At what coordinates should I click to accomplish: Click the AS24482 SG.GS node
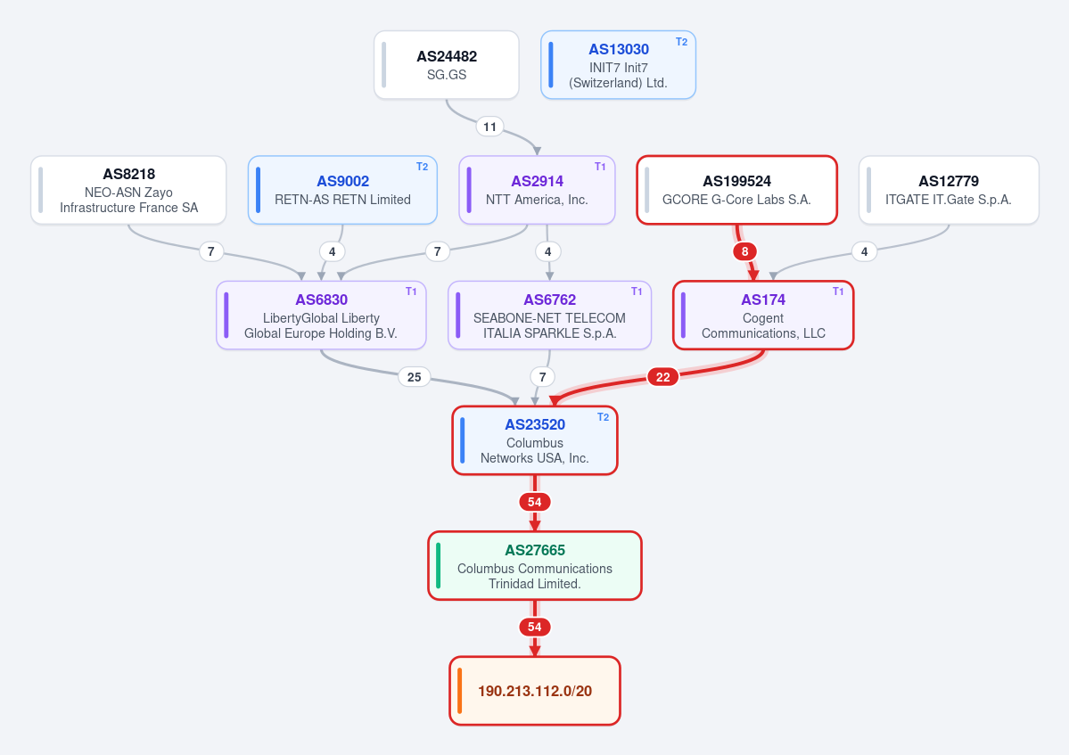[x=447, y=65]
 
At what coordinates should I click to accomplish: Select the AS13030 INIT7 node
[x=619, y=65]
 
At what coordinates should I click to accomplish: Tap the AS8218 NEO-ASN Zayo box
[x=128, y=190]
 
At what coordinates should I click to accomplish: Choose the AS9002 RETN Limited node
[x=342, y=190]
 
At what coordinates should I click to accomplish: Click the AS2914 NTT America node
[x=538, y=190]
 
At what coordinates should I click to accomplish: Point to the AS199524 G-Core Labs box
[x=737, y=190]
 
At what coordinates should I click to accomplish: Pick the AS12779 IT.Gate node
[x=949, y=190]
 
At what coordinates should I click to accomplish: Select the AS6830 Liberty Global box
[x=321, y=316]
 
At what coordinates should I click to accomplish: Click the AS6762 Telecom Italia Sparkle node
[x=549, y=316]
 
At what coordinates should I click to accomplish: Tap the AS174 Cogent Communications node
[x=763, y=316]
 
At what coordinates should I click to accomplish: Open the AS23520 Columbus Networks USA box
[x=535, y=441]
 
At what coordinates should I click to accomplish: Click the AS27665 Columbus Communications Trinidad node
[x=535, y=565]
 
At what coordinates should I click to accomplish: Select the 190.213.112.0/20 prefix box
[x=535, y=691]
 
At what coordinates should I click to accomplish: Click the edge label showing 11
[x=490, y=127]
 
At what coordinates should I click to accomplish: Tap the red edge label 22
[x=662, y=377]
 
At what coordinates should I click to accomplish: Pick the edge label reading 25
[x=415, y=377]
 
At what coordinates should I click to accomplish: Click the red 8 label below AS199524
[x=744, y=251]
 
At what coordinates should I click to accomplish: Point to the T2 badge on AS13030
[x=681, y=42]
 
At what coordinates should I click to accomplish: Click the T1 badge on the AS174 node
[x=838, y=291]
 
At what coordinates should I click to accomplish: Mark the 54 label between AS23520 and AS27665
[x=535, y=502]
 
